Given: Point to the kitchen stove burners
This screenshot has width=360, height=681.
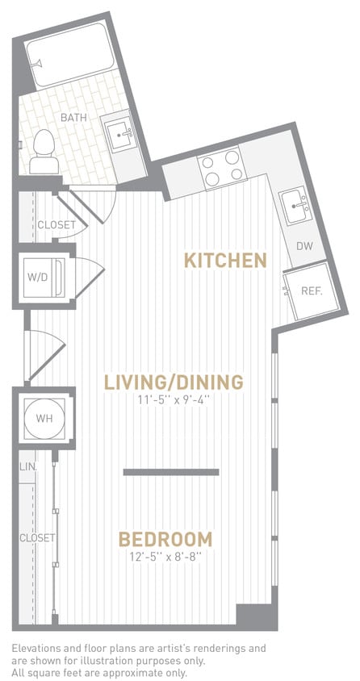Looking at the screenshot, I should (222, 165).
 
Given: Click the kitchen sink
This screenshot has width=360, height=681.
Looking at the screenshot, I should (295, 206).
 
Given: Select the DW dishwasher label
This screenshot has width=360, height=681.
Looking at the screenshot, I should (304, 246).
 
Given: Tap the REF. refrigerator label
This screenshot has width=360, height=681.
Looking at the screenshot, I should (312, 291).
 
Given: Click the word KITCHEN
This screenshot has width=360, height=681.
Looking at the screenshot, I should (225, 261).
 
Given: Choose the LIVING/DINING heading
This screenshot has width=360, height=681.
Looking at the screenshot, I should (174, 381).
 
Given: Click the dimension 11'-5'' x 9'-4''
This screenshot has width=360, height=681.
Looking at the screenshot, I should (174, 399).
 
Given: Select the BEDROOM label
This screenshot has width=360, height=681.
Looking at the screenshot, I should (165, 539).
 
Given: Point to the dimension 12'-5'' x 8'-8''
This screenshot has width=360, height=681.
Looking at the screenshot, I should (165, 557).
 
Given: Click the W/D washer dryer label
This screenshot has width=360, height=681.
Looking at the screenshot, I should (37, 277).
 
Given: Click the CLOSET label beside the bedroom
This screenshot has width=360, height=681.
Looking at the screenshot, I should (37, 537).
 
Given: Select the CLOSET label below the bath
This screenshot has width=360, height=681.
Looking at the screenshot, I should (57, 225).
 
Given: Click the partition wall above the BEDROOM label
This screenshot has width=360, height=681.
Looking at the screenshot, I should (171, 472).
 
